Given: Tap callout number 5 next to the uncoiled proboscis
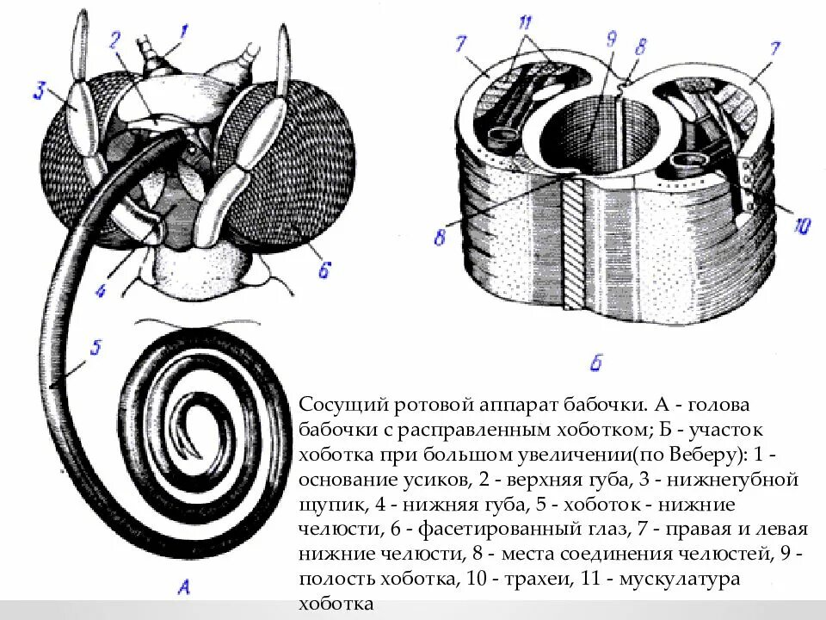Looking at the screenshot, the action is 96,348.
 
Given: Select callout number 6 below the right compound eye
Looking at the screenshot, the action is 324,270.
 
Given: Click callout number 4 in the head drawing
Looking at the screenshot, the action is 101,291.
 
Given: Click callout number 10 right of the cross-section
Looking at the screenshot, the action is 801,226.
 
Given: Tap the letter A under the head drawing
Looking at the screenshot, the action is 184,588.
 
